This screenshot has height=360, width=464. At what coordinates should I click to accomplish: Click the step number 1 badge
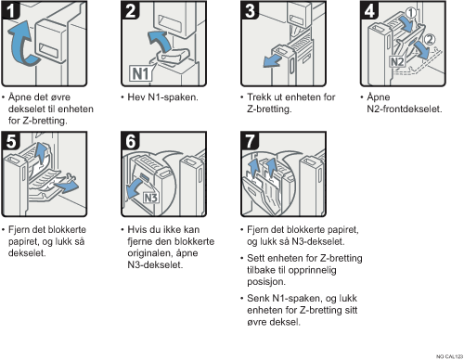tap(11, 10)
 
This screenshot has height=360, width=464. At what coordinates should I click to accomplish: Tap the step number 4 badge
tap(369, 10)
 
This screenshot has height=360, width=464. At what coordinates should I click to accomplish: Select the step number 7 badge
tap(250, 141)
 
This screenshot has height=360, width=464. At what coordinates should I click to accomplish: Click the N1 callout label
tap(141, 73)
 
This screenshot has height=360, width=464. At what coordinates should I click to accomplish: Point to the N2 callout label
tap(397, 61)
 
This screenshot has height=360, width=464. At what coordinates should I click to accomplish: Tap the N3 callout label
tap(151, 198)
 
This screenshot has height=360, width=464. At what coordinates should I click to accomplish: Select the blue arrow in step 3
tap(272, 60)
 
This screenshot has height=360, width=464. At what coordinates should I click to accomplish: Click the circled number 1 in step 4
tap(411, 12)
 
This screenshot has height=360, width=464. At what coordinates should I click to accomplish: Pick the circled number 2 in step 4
tap(430, 39)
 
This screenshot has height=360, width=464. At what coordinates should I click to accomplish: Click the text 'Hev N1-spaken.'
tap(162, 97)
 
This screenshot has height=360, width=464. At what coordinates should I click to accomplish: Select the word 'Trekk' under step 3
tap(259, 97)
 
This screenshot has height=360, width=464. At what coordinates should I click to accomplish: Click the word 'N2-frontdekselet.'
tap(405, 109)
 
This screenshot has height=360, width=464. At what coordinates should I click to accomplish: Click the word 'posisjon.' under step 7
tap(266, 282)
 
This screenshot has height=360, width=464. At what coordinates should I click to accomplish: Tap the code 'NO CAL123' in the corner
tap(449, 356)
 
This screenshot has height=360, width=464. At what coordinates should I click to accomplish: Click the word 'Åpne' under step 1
tap(19, 97)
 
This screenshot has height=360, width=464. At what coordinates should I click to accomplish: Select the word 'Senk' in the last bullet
tap(258, 299)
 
